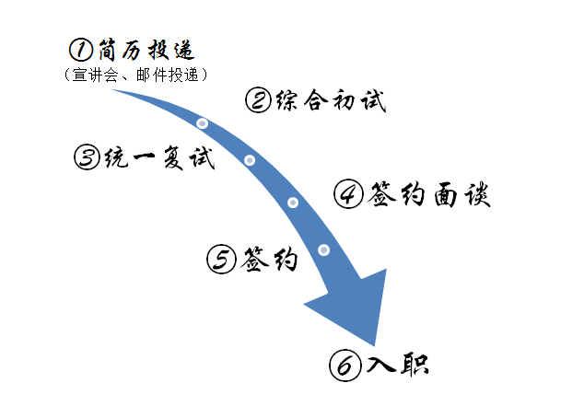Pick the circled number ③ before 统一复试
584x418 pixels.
[87, 157]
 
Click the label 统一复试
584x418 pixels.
[158, 157]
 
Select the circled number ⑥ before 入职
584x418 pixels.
[344, 366]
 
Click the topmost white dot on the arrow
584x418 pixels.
[203, 123]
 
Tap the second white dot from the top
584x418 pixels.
[250, 160]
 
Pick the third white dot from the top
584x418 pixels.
[293, 203]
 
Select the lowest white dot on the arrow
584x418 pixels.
[323, 250]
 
